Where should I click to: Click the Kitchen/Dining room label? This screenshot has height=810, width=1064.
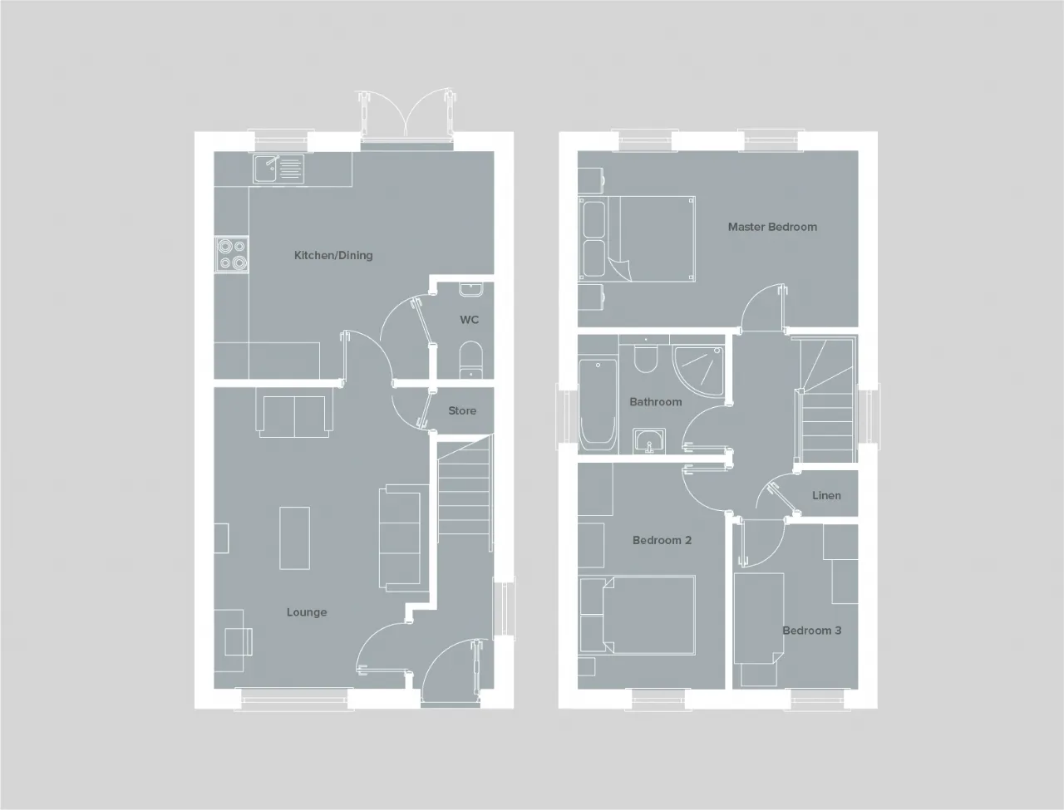[x=333, y=255]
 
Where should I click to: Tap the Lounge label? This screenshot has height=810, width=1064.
[x=307, y=612]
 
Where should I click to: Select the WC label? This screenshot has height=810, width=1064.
[x=469, y=320]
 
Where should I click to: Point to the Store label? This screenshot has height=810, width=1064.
[x=462, y=410]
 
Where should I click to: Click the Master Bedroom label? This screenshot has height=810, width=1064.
[x=772, y=227]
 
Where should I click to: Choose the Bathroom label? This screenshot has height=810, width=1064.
[x=655, y=401]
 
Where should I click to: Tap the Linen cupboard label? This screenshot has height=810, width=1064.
[x=826, y=496]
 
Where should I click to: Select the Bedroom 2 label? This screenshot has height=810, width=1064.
[x=662, y=540]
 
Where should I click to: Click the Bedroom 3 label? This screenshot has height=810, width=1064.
[x=811, y=631]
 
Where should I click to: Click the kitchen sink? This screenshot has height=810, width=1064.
[x=278, y=169]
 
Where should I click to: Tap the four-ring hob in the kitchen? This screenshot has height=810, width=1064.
[x=232, y=254]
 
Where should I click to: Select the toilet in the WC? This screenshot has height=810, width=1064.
[x=470, y=360]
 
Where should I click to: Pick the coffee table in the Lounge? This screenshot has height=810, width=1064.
[x=295, y=538]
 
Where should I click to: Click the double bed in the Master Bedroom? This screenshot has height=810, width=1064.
[x=637, y=238]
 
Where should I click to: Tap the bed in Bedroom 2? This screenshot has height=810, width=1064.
[x=638, y=616]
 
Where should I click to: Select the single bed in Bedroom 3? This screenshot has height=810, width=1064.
[x=759, y=618]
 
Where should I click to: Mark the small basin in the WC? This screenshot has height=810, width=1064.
[x=470, y=289]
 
